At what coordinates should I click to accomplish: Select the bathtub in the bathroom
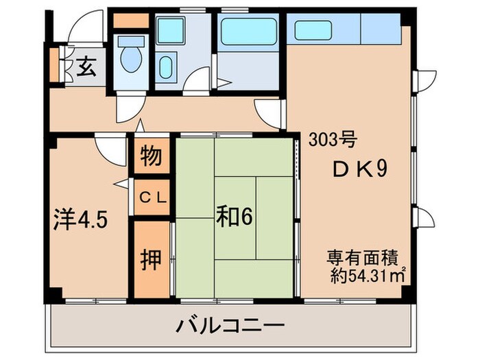coord(248,32)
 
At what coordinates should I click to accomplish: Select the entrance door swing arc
coord(87,31)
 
